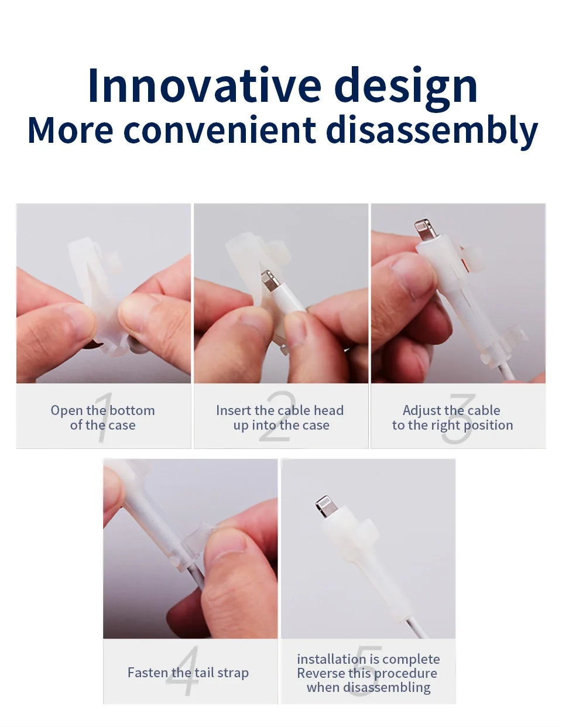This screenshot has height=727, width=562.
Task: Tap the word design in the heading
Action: click(406, 88)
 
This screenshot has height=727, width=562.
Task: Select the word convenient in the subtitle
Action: click(220, 130)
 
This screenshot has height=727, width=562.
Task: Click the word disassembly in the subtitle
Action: click(432, 132)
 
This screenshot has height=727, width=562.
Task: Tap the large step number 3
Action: click(459, 419)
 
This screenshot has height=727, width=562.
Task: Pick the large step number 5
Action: click(365, 670)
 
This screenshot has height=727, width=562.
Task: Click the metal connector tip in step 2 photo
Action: click(269, 280)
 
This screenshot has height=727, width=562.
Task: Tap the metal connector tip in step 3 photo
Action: click(424, 229)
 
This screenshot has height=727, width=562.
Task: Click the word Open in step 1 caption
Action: click(66, 411)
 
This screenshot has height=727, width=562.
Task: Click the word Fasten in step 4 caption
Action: click(147, 673)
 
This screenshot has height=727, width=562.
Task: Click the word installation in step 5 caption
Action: click(331, 659)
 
